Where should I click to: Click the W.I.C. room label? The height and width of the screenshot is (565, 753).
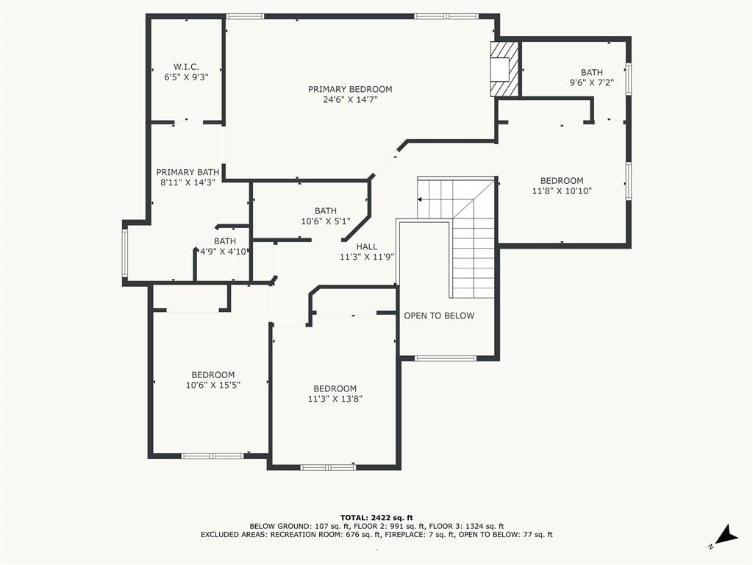[186, 67]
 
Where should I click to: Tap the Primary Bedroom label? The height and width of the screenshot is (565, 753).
[350, 89]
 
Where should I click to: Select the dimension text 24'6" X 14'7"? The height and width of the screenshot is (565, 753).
[351, 100]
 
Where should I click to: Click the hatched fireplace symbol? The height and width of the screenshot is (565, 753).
[504, 69]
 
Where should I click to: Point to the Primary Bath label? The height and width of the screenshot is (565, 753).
[188, 172]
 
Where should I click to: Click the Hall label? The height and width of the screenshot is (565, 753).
[367, 246]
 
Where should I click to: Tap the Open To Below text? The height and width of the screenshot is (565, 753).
[439, 316]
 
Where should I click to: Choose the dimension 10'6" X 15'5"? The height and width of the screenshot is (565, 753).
[213, 385]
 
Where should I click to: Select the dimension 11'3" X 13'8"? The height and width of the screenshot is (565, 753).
[335, 399]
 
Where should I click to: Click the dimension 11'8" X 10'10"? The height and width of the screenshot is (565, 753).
[562, 191]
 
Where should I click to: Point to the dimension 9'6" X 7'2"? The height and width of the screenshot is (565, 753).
[592, 82]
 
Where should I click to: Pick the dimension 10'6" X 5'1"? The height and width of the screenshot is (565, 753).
[326, 221]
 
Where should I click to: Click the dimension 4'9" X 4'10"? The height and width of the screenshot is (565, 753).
[224, 252]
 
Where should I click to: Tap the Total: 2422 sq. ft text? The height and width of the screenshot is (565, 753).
[376, 517]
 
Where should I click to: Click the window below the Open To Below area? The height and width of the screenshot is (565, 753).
[445, 358]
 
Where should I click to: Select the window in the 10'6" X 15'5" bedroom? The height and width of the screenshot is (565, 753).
[213, 456]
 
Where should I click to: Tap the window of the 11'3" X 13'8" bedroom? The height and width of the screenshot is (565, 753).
[328, 467]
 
